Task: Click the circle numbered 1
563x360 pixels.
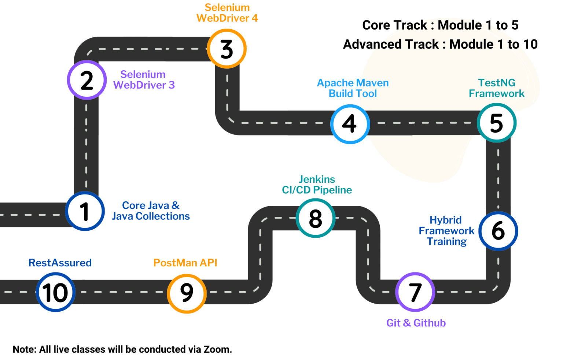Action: click(85, 211)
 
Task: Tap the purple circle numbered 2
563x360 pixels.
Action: click(87, 80)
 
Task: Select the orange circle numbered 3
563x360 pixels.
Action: click(227, 49)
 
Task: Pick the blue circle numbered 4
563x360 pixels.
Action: click(350, 124)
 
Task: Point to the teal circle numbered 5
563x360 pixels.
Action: click(497, 123)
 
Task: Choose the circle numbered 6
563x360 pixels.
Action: click(498, 231)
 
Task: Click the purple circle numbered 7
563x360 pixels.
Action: click(415, 292)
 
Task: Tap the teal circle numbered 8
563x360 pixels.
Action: click(316, 218)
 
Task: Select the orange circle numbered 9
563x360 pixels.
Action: click(187, 293)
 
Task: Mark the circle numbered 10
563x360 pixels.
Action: click(55, 292)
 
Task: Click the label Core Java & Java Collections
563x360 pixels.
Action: click(151, 211)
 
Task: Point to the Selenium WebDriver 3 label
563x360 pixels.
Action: click(144, 80)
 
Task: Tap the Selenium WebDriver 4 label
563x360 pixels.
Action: click(227, 13)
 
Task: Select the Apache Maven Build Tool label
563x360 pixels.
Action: click(353, 88)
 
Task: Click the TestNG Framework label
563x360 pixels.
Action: click(497, 88)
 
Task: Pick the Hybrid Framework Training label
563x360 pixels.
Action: click(446, 231)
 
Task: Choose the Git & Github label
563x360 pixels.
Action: click(416, 323)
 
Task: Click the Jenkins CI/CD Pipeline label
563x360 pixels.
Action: click(317, 185)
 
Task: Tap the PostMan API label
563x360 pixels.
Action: click(185, 263)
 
